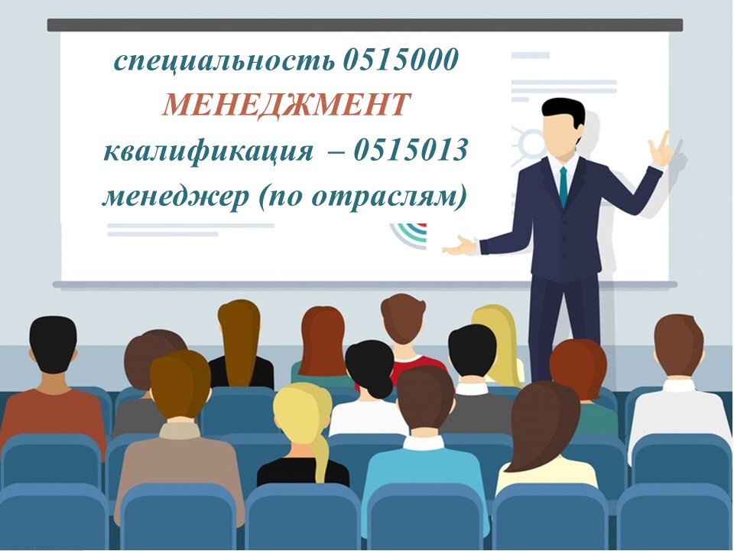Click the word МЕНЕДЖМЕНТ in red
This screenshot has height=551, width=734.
(286, 105)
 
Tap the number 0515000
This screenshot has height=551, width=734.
(400, 60)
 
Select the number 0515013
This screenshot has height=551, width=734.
(411, 151)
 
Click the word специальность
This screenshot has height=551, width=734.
(225, 61)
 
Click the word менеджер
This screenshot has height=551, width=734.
(175, 197)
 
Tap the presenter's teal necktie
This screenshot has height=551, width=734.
(563, 187)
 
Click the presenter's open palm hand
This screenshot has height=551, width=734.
(460, 246)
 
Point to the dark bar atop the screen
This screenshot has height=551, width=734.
(365, 24)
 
